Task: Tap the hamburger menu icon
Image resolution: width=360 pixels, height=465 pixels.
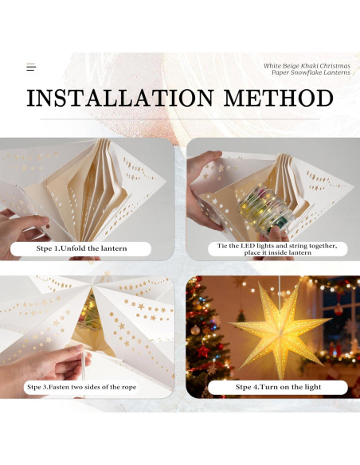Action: tap(31, 68)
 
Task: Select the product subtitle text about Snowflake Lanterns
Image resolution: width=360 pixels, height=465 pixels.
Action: tap(307, 69)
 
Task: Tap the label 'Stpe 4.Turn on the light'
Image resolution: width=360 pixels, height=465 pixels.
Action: tap(277, 387)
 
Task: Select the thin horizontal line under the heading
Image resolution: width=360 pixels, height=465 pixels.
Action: tap(180, 119)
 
